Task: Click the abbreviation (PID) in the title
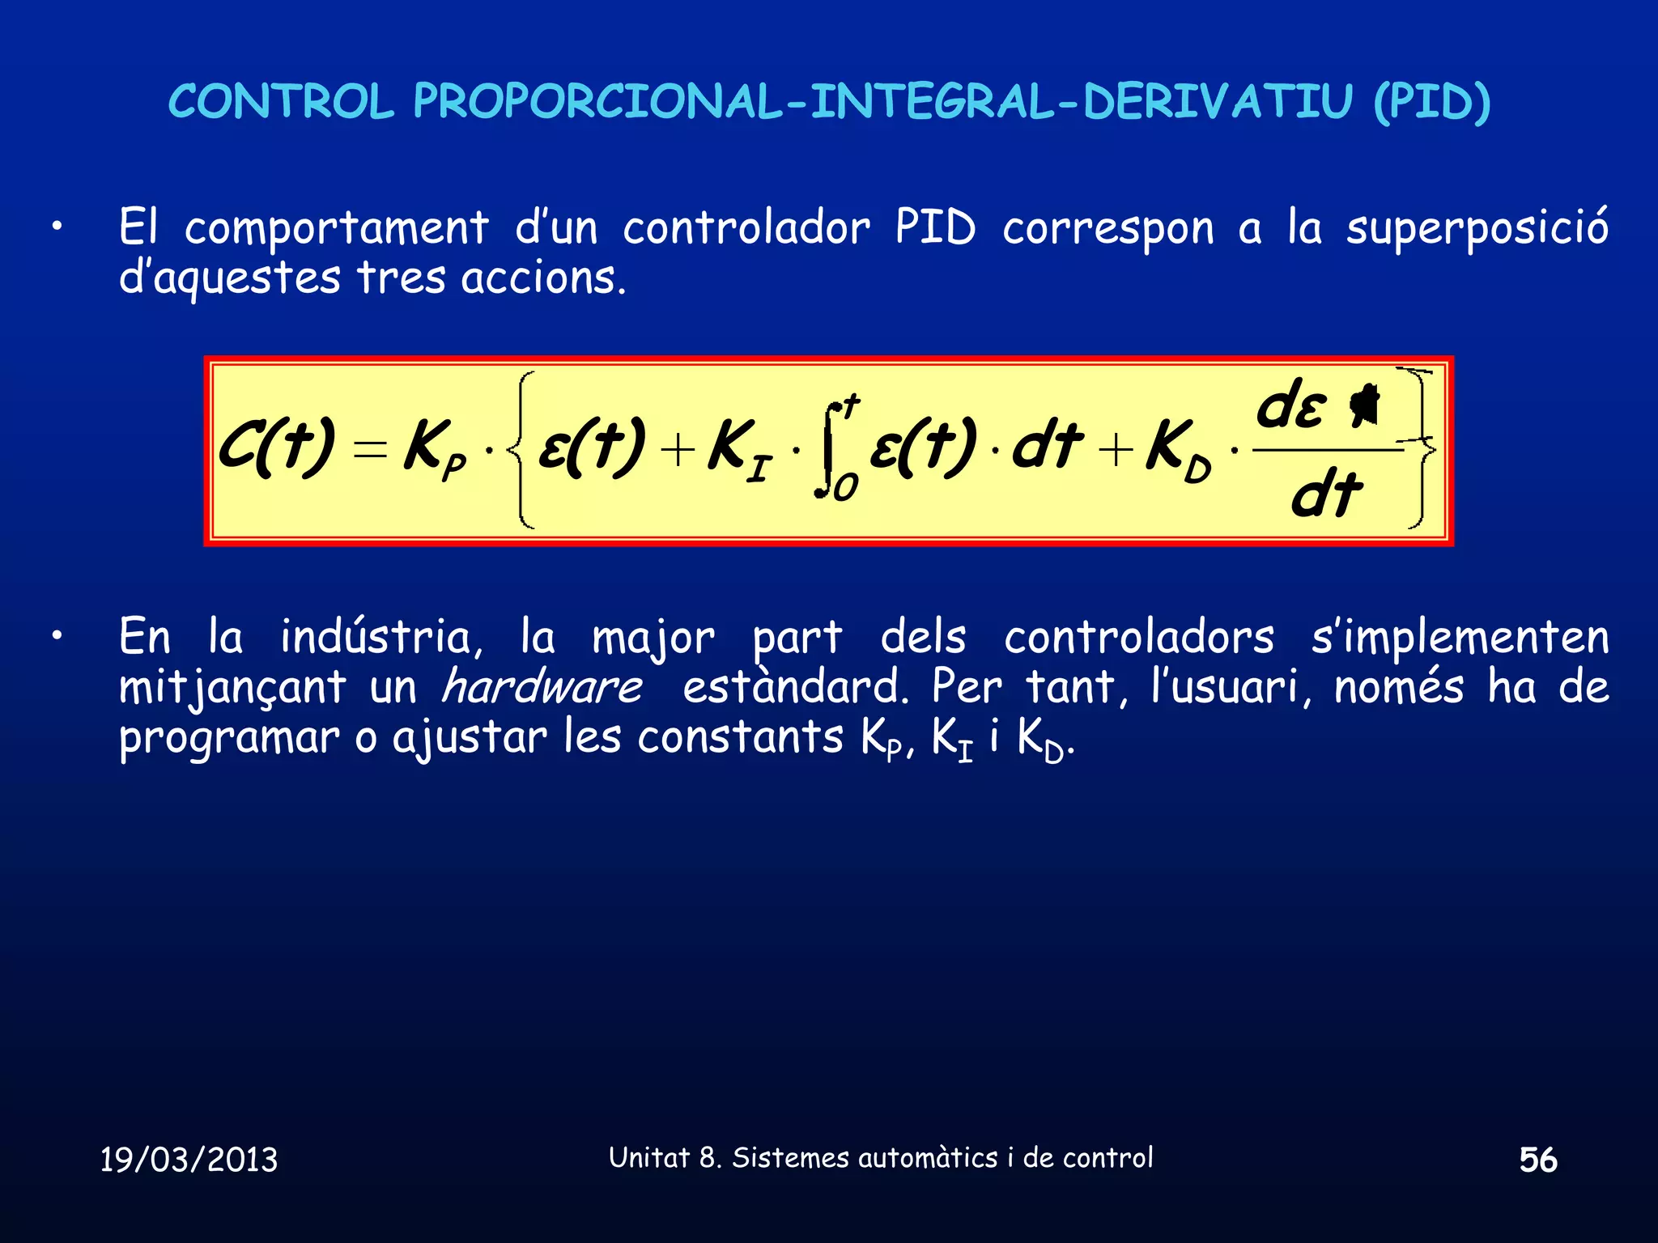[x=1431, y=102]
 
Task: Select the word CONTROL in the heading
[x=281, y=102]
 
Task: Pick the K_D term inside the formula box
[x=1178, y=449]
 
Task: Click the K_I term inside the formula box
[x=739, y=449]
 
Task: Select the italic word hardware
[x=542, y=688]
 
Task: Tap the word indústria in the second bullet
[x=380, y=638]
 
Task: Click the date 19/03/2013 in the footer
[x=189, y=1160]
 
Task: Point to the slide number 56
[x=1537, y=1160]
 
